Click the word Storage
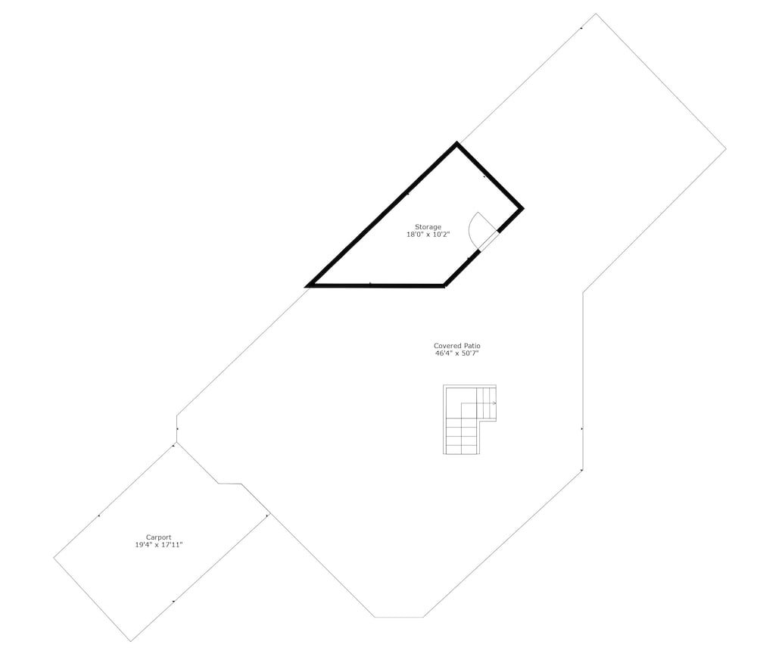(428, 227)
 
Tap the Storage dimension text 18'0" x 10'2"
(428, 235)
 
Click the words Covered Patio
(456, 345)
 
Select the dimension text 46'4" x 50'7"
(456, 353)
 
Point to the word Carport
(158, 537)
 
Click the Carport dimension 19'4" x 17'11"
(158, 545)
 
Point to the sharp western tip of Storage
(306, 286)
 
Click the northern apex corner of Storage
(456, 143)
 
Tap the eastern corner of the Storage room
(522, 209)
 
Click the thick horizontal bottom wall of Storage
(375, 285)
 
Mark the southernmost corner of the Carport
(131, 641)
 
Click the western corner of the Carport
(54, 558)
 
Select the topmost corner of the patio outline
(596, 14)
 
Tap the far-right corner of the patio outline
(726, 149)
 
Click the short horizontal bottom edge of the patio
(399, 617)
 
